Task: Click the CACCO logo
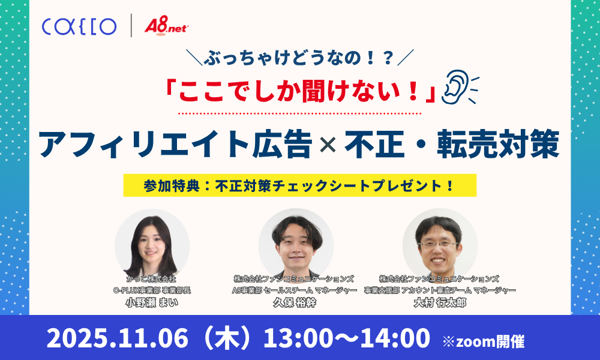pos(79,26)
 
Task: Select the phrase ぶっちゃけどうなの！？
pos(299,59)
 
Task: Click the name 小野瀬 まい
pos(152,302)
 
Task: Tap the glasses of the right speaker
pos(439,243)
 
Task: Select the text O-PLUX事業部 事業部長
pos(152,290)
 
